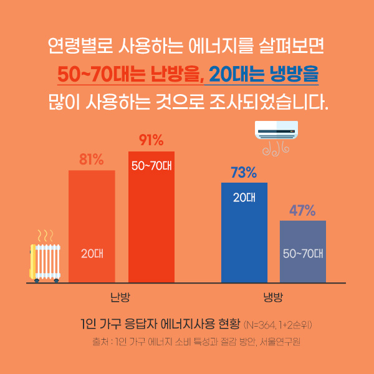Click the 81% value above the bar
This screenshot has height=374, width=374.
tap(91, 160)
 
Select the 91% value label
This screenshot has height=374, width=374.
tap(151, 140)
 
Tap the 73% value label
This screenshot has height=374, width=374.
tap(244, 173)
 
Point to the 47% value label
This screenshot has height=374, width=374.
tap(302, 211)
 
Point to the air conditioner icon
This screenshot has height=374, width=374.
tap(276, 129)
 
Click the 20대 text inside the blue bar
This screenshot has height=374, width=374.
tap(244, 198)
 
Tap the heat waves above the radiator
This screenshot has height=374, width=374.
tap(45, 236)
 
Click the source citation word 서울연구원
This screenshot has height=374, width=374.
tap(284, 342)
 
